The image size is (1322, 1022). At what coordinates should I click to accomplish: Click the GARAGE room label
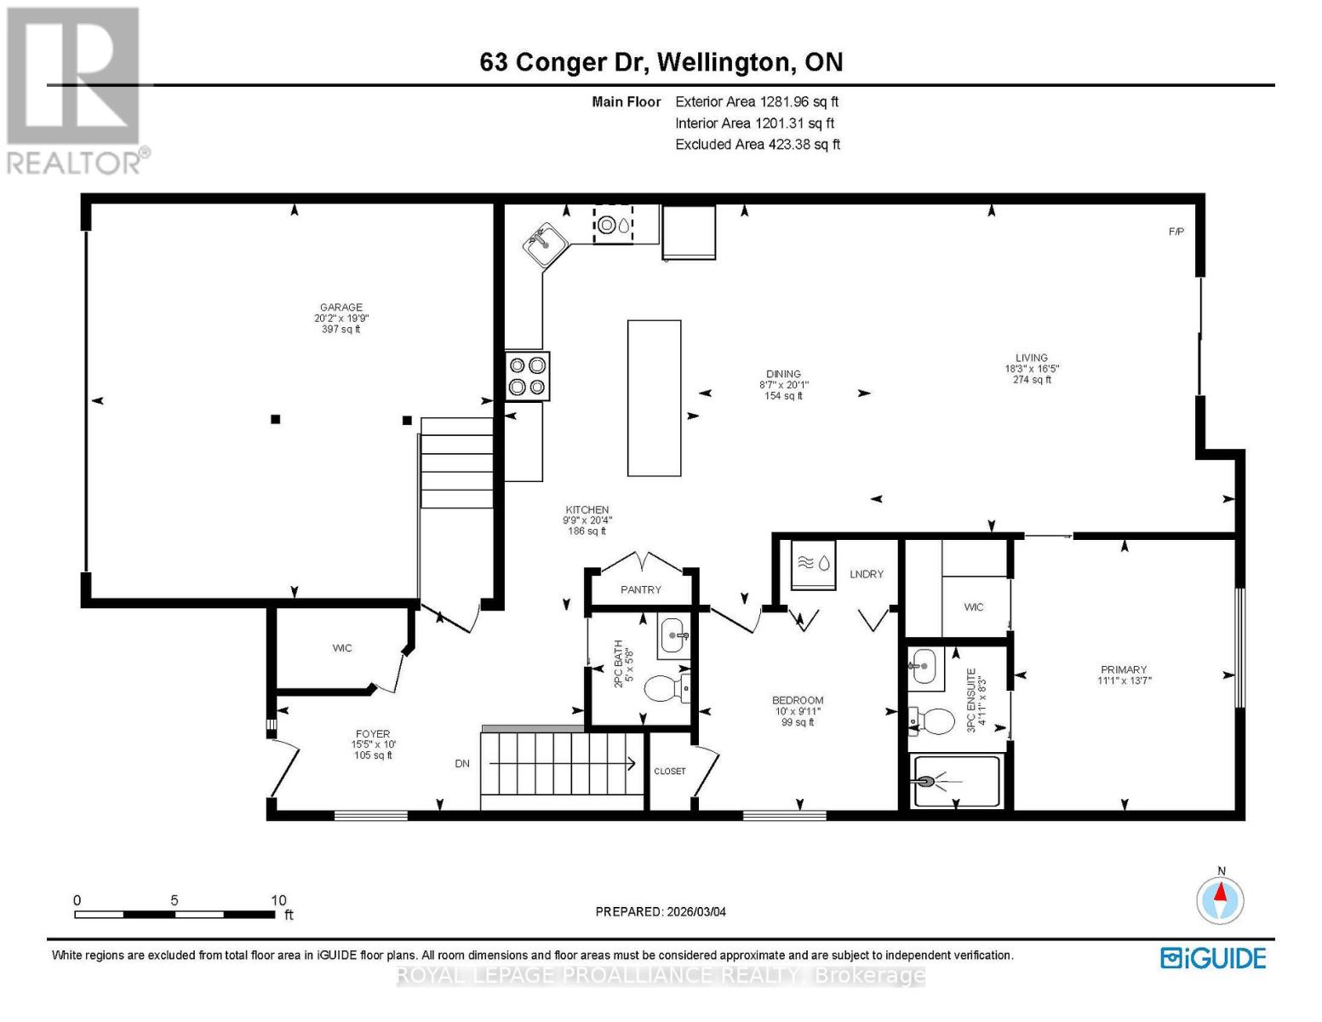pyautogui.click(x=341, y=307)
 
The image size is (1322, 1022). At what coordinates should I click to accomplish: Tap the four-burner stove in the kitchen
pyautogui.click(x=527, y=376)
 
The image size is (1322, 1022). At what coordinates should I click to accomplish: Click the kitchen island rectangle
pyautogui.click(x=654, y=398)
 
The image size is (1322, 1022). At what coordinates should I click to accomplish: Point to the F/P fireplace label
pyautogui.click(x=1176, y=232)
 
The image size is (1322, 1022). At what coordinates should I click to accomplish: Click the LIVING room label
pyautogui.click(x=1031, y=359)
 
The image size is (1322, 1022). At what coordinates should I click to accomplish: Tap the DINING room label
pyautogui.click(x=783, y=374)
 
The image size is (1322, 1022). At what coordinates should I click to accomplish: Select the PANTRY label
pyautogui.click(x=641, y=589)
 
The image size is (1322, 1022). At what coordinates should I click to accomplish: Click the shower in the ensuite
pyautogui.click(x=956, y=781)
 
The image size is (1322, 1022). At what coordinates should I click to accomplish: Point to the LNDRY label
pyautogui.click(x=867, y=574)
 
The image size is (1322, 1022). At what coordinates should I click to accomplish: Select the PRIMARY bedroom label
pyautogui.click(x=1124, y=669)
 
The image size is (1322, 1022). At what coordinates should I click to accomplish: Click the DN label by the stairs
pyautogui.click(x=462, y=764)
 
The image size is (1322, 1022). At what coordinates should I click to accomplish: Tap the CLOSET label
pyautogui.click(x=670, y=772)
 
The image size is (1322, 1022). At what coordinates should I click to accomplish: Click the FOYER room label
pyautogui.click(x=373, y=733)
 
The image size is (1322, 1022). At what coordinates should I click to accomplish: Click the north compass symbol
pyautogui.click(x=1221, y=899)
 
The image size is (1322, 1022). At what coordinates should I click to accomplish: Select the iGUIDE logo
pyautogui.click(x=1213, y=958)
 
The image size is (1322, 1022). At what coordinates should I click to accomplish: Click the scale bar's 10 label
pyautogui.click(x=278, y=900)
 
